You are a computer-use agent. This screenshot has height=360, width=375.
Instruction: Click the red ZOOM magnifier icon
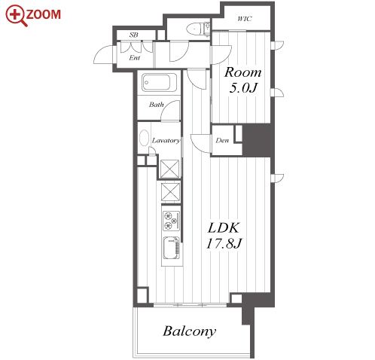(x=16, y=15)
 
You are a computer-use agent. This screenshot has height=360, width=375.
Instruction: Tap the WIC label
(x=245, y=19)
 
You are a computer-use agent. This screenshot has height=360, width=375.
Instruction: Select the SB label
(x=134, y=35)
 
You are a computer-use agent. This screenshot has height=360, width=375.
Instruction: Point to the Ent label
(x=134, y=58)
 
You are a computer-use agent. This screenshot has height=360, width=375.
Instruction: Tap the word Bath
(x=156, y=105)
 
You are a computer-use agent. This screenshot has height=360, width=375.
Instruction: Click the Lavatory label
(x=166, y=141)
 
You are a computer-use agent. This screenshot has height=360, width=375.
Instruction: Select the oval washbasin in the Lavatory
(x=144, y=137)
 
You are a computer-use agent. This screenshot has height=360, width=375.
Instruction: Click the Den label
(x=222, y=141)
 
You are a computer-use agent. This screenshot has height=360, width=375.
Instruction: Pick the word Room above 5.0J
(x=242, y=72)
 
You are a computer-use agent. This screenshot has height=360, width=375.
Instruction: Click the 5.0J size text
(x=243, y=88)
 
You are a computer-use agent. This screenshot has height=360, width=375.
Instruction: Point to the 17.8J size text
(x=224, y=243)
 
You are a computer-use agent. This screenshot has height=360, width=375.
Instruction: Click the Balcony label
(x=190, y=331)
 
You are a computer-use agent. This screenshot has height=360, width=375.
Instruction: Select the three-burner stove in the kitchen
(x=172, y=221)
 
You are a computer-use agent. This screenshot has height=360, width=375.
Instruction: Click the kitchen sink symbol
(x=172, y=248)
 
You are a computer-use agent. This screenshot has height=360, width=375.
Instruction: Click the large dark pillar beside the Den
(x=257, y=140)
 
